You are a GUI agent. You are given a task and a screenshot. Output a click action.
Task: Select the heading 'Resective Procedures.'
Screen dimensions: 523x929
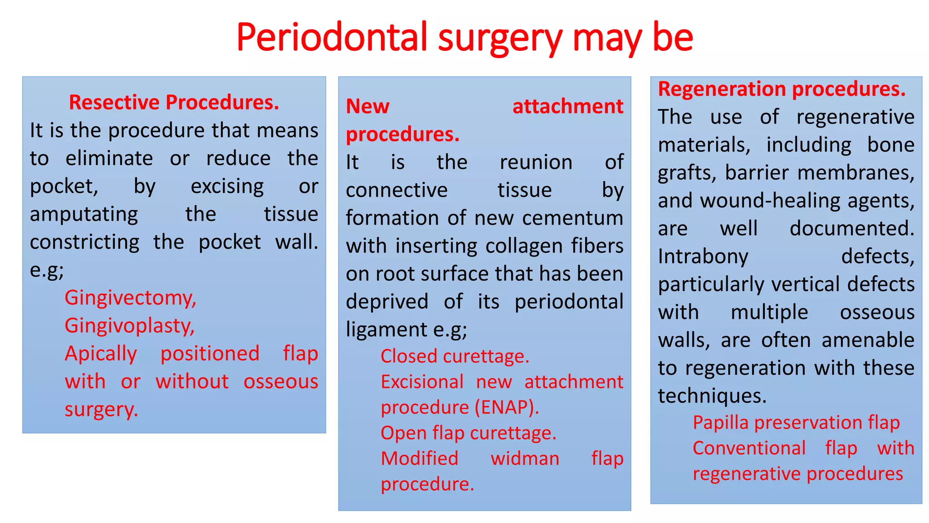[174, 102]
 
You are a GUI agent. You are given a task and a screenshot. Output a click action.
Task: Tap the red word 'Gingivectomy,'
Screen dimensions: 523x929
[130, 298]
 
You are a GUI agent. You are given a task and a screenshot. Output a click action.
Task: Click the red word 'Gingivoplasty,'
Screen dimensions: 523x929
[129, 326]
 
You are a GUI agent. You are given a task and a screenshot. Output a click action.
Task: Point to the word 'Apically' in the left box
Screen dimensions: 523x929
[101, 354]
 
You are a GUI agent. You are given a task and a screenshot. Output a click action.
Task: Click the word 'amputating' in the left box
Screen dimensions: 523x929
[84, 214]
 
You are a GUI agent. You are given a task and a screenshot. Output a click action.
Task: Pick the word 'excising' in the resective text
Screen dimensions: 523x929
[227, 187]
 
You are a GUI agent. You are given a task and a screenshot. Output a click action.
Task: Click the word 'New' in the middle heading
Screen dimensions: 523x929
[367, 107]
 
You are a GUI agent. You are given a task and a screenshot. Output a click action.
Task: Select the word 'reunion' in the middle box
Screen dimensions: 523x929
[536, 163]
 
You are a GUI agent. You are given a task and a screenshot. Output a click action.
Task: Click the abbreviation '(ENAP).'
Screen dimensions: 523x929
[507, 407]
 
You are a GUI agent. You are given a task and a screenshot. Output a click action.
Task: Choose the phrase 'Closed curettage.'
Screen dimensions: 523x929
[455, 356]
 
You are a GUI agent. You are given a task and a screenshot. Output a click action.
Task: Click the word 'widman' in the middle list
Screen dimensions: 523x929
[525, 459]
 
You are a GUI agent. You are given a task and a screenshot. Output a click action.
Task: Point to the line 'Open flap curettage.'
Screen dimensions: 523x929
[468, 433]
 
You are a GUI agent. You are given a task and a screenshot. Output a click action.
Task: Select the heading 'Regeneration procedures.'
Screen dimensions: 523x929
[781, 89]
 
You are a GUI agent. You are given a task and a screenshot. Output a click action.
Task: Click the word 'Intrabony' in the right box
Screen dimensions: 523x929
[703, 257]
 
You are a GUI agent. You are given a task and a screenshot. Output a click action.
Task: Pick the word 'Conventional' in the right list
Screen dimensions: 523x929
[749, 449]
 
